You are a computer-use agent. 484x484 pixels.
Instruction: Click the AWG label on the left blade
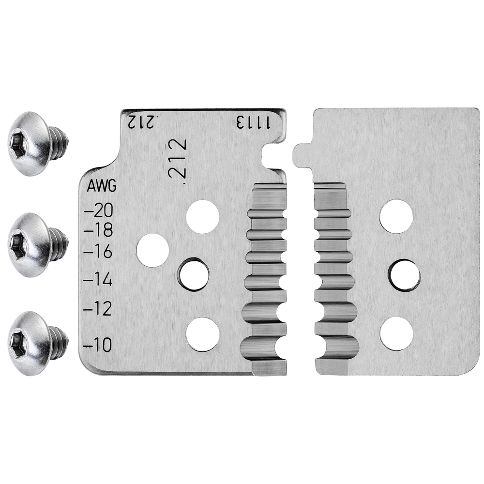pyautogui.click(x=102, y=186)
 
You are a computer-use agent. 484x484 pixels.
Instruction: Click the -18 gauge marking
pyautogui.click(x=98, y=230)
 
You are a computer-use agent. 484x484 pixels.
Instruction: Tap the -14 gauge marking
pyautogui.click(x=98, y=280)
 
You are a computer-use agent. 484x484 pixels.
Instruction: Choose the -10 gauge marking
pyautogui.click(x=98, y=345)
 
